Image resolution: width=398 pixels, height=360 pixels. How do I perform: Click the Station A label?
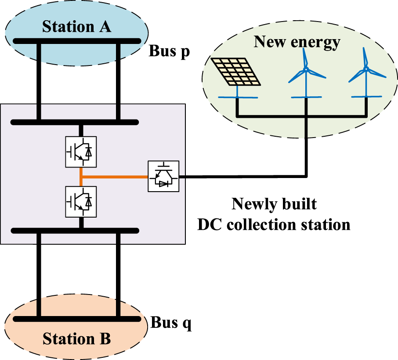[76, 26]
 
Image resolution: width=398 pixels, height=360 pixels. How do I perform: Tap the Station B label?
[76, 338]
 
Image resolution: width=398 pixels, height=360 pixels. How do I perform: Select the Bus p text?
[169, 51]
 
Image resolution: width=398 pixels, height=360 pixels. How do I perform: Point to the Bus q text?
[171, 323]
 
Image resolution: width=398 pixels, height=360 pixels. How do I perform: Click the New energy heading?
[297, 42]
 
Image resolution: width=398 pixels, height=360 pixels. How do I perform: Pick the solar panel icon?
[236, 72]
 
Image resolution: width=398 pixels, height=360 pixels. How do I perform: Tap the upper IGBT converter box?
[81, 152]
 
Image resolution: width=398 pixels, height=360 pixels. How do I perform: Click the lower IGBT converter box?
[81, 202]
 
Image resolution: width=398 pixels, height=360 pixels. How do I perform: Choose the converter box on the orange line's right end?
[163, 176]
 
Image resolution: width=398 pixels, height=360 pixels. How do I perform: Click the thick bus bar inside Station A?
[77, 41]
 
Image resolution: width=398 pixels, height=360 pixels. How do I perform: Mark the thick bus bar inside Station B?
[77, 319]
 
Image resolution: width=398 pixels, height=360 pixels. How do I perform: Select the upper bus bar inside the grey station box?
[75, 122]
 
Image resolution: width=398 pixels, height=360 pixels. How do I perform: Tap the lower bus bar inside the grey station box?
[75, 231]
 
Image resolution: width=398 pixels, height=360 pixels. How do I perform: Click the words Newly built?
[274, 204]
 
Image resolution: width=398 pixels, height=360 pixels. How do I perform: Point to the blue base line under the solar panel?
[238, 97]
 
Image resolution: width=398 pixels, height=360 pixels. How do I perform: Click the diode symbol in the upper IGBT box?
[89, 152]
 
